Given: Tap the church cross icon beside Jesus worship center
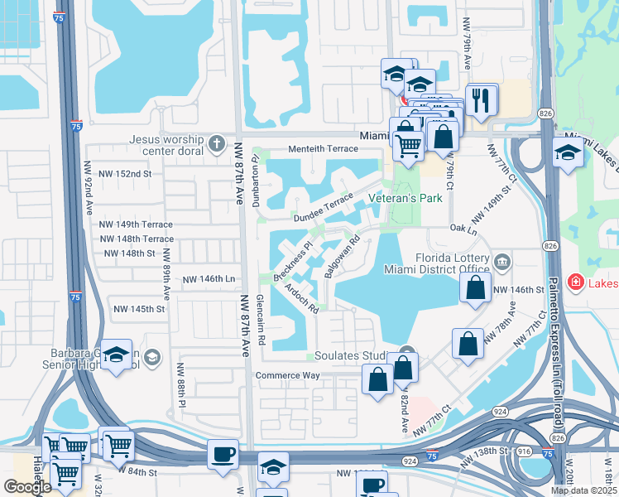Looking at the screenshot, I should (217, 143).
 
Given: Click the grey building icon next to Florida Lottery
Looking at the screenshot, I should (501, 263).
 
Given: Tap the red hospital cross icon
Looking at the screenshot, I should (575, 283).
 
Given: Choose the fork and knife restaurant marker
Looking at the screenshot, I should (481, 99).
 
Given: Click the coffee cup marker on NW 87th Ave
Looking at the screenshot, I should (223, 455).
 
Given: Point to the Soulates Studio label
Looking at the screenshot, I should (354, 356).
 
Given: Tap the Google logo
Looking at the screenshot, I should (27, 487).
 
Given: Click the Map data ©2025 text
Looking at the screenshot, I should (583, 490).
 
